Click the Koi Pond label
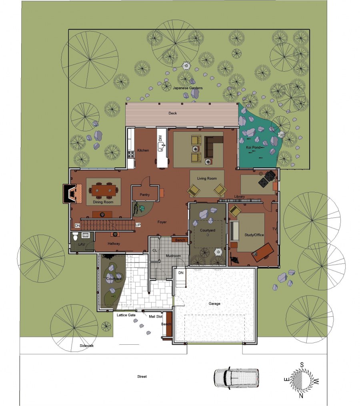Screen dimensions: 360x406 pos(253,147)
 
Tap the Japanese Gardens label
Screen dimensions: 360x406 pos(188,88)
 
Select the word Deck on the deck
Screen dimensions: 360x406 pos(172,113)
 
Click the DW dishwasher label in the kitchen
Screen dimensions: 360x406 pos(160,138)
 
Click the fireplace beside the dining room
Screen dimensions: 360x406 pos(69,193)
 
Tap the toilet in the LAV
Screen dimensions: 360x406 pos(75,236)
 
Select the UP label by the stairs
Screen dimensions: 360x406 pos(138,225)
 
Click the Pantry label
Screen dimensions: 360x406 pos(144,195)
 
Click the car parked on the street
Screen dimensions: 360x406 pos(236,378)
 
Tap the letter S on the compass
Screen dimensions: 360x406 pos(302,365)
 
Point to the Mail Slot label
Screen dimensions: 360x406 pos(156,316)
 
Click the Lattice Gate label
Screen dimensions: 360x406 pos(126,315)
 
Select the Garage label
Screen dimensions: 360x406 pos(214,303)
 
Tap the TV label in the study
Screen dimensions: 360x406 pos(274,229)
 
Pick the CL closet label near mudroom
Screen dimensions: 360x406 pos(155,250)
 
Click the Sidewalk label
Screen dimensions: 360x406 pos(87,346)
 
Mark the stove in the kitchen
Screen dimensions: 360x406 pos(131,155)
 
